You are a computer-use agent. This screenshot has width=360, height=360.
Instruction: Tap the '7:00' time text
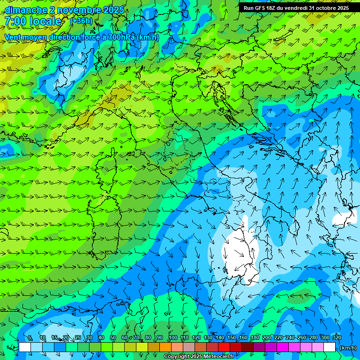15,21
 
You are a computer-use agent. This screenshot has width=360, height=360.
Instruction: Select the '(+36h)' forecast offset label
81,21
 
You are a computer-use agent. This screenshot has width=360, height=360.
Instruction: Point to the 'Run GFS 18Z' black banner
296,8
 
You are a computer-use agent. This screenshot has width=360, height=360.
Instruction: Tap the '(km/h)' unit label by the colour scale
347,348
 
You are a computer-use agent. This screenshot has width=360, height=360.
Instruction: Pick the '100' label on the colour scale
173,337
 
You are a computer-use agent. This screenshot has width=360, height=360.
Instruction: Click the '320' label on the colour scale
337,337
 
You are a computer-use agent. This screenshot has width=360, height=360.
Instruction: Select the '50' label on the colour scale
113,337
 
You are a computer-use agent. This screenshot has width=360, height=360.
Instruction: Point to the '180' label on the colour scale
255,337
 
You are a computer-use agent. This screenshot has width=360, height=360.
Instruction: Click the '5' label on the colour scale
30,337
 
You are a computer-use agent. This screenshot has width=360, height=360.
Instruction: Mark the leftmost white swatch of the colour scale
25,347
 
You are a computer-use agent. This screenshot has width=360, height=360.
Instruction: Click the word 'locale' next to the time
45,21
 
